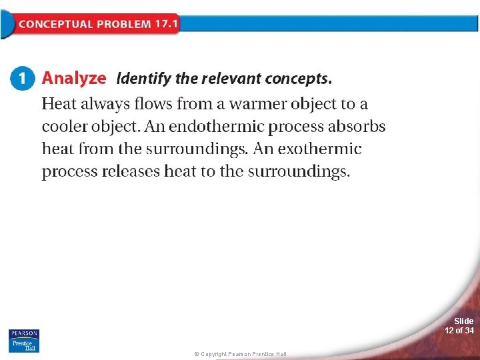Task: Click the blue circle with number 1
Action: point(23,78)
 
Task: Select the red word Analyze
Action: point(74,78)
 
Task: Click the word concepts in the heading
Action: point(298,79)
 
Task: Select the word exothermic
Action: point(320,149)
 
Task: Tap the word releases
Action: point(131,171)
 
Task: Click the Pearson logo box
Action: point(24,333)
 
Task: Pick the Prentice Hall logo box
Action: point(24,345)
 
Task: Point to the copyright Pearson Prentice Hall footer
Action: point(240,354)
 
